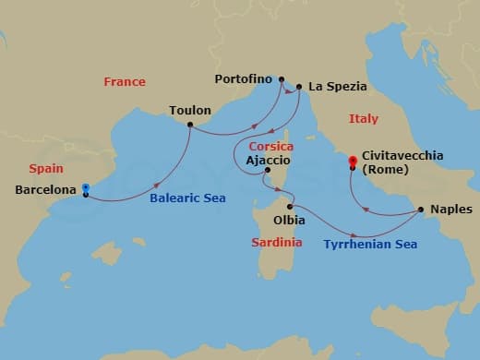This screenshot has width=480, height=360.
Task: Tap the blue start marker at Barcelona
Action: tap(85, 188)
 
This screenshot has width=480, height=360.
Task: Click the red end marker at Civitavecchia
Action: tap(352, 163)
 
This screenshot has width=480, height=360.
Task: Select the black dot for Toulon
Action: tap(190, 125)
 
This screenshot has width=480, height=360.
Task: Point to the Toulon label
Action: tap(190, 111)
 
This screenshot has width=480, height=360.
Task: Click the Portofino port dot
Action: tap(282, 79)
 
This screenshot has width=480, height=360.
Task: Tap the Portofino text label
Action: tap(245, 79)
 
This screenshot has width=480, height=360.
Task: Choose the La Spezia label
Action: tap(338, 87)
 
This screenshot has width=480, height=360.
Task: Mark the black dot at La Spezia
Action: tap(297, 88)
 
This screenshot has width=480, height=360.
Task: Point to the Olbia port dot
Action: tap(290, 207)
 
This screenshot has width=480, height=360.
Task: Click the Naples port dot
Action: tap(421, 210)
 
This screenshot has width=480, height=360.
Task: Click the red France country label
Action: tap(125, 81)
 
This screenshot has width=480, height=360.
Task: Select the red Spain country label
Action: tap(46, 169)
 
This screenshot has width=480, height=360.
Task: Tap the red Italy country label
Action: tap(364, 118)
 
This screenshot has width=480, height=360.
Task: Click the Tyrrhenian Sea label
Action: tap(370, 245)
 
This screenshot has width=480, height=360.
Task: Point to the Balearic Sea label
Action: tap(189, 198)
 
